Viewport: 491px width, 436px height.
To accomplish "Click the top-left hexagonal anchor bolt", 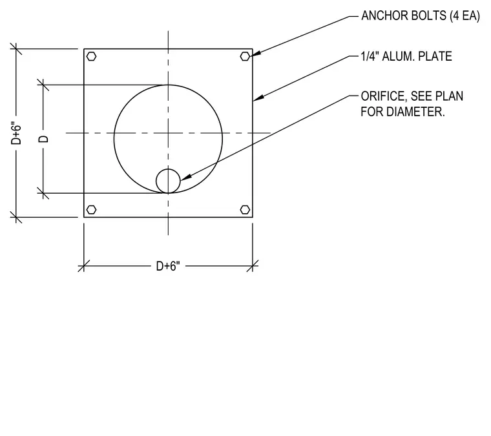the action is pyautogui.click(x=91, y=56).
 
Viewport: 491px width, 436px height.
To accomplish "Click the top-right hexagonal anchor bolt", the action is pyautogui.click(x=245, y=56).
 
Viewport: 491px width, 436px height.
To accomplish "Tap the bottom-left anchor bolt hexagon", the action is pyautogui.click(x=91, y=209).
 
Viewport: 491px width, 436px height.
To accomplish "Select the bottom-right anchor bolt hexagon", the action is pyautogui.click(x=245, y=209).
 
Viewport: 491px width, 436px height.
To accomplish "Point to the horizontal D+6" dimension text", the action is pyautogui.click(x=168, y=266).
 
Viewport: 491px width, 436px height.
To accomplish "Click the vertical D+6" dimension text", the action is pyautogui.click(x=16, y=132).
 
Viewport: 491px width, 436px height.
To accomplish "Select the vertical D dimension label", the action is pyautogui.click(x=43, y=139).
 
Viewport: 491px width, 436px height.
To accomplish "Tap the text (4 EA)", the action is pyautogui.click(x=465, y=16).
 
